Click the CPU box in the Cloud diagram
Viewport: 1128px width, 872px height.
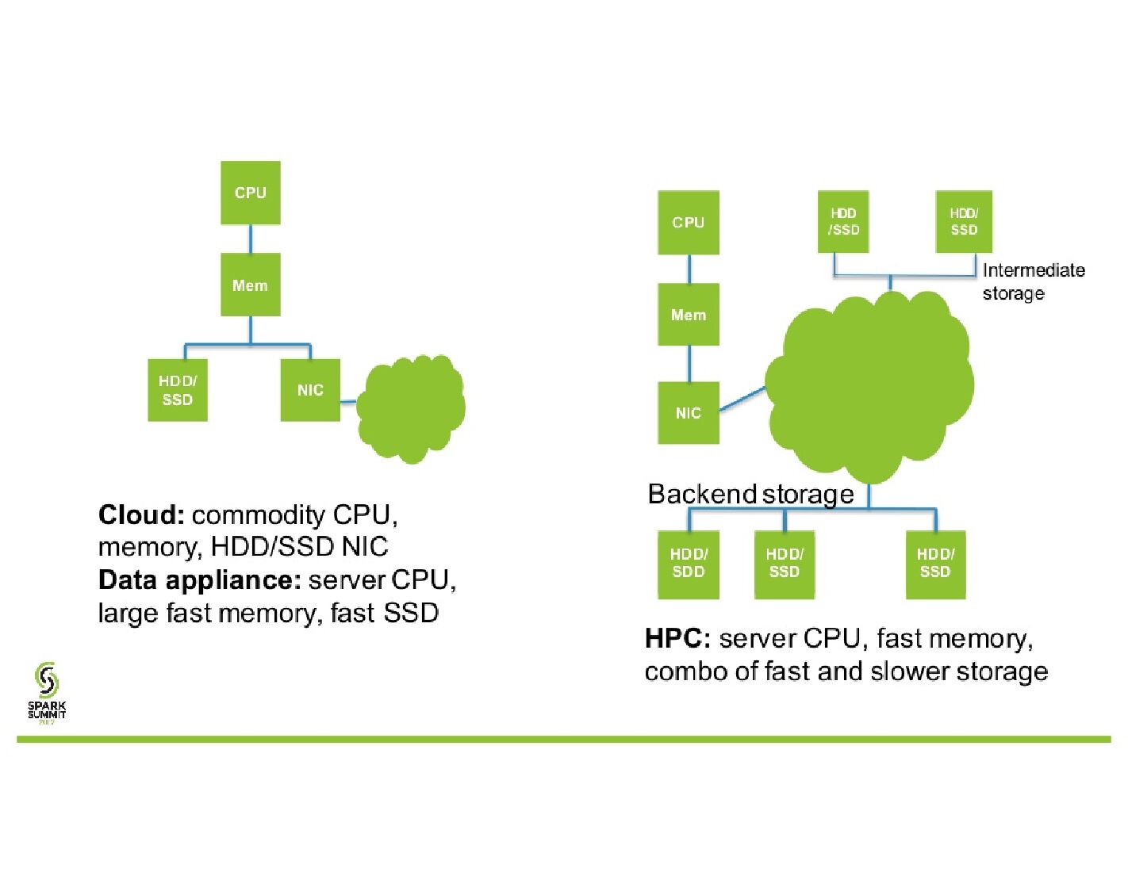coord(250,193)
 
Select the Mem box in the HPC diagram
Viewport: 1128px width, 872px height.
coord(688,315)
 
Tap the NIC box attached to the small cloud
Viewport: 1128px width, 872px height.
coord(310,390)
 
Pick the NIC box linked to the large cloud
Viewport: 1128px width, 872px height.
coord(688,413)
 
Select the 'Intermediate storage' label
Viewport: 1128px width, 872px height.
coord(1033,281)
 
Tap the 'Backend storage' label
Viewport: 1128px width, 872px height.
coord(750,494)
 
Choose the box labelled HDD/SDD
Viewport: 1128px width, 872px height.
coord(688,564)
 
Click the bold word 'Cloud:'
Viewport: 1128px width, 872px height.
coord(141,515)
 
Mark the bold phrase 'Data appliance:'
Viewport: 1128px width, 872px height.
coord(199,580)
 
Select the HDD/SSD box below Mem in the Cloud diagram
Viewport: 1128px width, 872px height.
coord(177,390)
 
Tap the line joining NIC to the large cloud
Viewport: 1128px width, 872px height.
coord(742,399)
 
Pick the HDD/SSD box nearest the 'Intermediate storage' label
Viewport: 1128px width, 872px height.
coord(964,222)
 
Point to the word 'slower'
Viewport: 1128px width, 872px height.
coord(910,671)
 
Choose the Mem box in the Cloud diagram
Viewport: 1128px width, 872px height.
coord(250,285)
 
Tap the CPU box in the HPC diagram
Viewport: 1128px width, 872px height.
coord(688,223)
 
